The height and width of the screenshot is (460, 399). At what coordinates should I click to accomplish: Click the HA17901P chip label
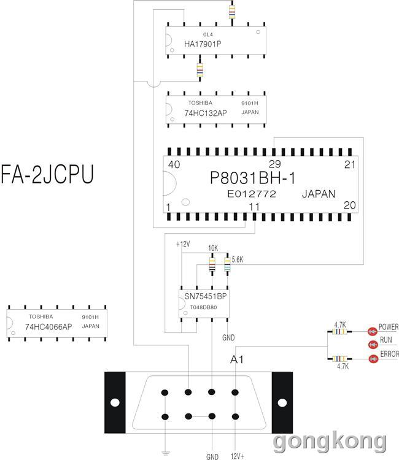[203, 44]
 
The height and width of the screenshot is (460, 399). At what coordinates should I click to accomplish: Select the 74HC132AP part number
[206, 113]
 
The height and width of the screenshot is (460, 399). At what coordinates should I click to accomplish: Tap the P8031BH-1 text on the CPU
[253, 178]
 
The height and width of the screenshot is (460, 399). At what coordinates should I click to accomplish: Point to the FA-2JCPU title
[47, 174]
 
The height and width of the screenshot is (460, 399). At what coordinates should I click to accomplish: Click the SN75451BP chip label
[206, 296]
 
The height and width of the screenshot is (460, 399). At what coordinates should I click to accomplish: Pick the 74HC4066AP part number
[48, 327]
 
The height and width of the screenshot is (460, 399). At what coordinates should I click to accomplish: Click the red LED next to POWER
[373, 331]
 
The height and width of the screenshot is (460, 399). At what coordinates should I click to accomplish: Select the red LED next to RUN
[373, 345]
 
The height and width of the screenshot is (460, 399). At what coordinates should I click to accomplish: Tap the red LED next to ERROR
[373, 359]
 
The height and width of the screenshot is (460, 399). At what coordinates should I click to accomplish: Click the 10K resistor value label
[213, 248]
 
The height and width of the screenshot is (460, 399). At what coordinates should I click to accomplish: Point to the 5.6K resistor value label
[237, 259]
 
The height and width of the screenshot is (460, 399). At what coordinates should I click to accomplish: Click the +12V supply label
[183, 244]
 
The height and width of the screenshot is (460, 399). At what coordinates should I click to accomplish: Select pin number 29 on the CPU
[275, 164]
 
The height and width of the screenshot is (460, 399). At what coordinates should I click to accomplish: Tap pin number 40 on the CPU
[174, 164]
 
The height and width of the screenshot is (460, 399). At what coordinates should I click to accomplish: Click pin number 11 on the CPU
[254, 207]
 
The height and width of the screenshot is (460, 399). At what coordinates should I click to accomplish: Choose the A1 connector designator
[237, 359]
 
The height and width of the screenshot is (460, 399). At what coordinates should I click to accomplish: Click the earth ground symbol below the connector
[166, 453]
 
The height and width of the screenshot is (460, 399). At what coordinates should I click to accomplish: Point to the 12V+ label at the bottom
[238, 456]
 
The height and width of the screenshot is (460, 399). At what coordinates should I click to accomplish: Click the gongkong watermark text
[330, 442]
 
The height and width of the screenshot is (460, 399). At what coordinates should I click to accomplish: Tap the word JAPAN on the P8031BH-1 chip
[319, 194]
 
